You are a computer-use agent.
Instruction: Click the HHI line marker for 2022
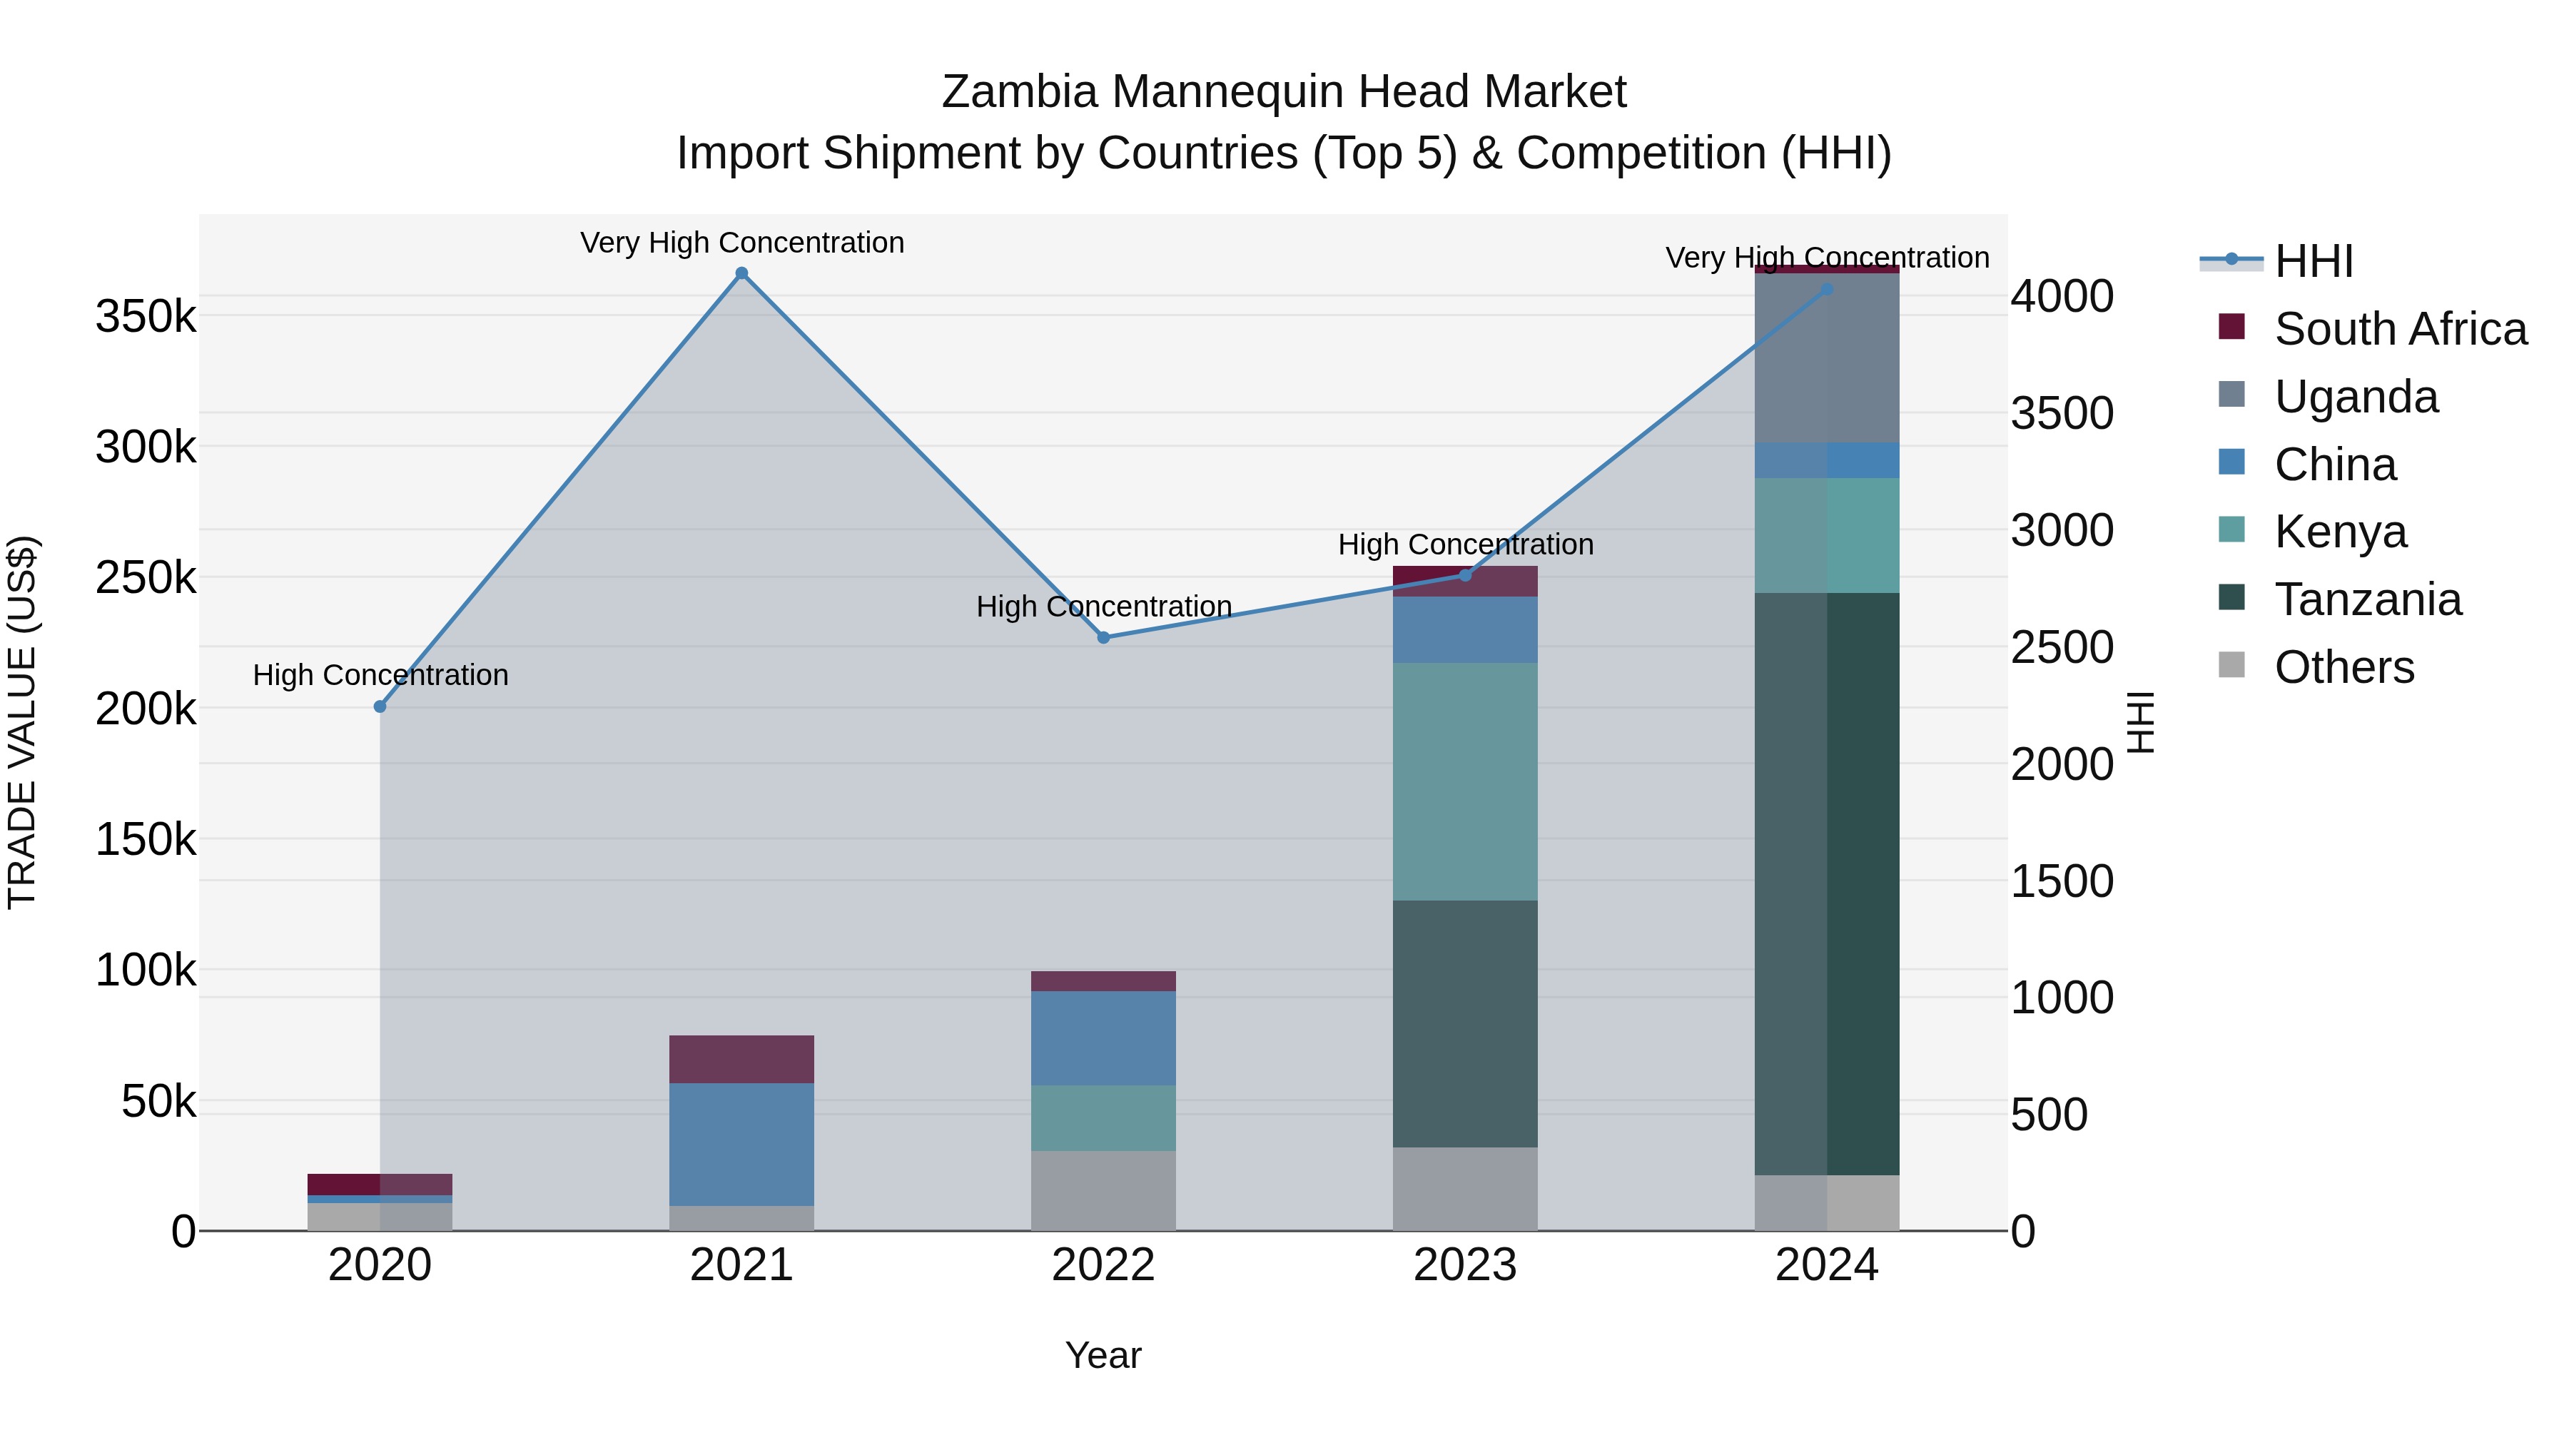tap(1103, 637)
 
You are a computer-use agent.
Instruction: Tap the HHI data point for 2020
tap(380, 706)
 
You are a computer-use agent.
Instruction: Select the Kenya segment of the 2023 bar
tap(1465, 782)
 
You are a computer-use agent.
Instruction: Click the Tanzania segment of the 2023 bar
tap(1465, 1024)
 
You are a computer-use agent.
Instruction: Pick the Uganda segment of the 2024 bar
tap(1827, 358)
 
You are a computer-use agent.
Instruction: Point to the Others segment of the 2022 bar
tap(1103, 1191)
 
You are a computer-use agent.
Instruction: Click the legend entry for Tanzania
tap(2368, 599)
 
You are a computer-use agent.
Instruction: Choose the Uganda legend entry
tap(2356, 397)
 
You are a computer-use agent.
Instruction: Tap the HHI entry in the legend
tap(2314, 261)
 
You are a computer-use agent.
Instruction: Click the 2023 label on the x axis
tap(1465, 1265)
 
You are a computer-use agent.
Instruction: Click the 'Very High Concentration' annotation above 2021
tap(742, 243)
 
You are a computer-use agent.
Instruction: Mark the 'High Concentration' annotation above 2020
tap(380, 675)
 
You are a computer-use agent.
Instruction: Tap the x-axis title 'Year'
tap(1103, 1355)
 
